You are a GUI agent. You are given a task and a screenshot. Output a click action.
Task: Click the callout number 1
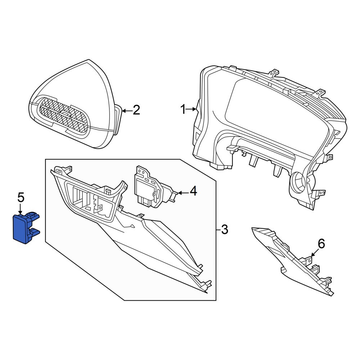click(183, 109)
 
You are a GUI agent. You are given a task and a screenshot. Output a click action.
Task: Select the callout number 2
click(136, 110)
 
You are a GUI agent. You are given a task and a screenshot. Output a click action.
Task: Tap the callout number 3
click(224, 229)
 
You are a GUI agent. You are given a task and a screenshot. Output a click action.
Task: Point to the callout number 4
click(193, 191)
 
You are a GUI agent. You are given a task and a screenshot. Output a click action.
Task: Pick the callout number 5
click(21, 198)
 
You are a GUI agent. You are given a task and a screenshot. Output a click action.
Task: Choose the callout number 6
click(321, 244)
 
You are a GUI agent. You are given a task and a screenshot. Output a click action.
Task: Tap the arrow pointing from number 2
click(127, 111)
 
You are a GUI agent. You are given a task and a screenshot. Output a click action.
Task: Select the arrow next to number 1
click(191, 109)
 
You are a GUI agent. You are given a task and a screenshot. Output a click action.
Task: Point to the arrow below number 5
click(21, 209)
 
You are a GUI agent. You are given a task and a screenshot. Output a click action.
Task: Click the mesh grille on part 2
click(64, 116)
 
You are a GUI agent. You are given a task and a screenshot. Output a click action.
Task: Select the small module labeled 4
click(154, 187)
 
